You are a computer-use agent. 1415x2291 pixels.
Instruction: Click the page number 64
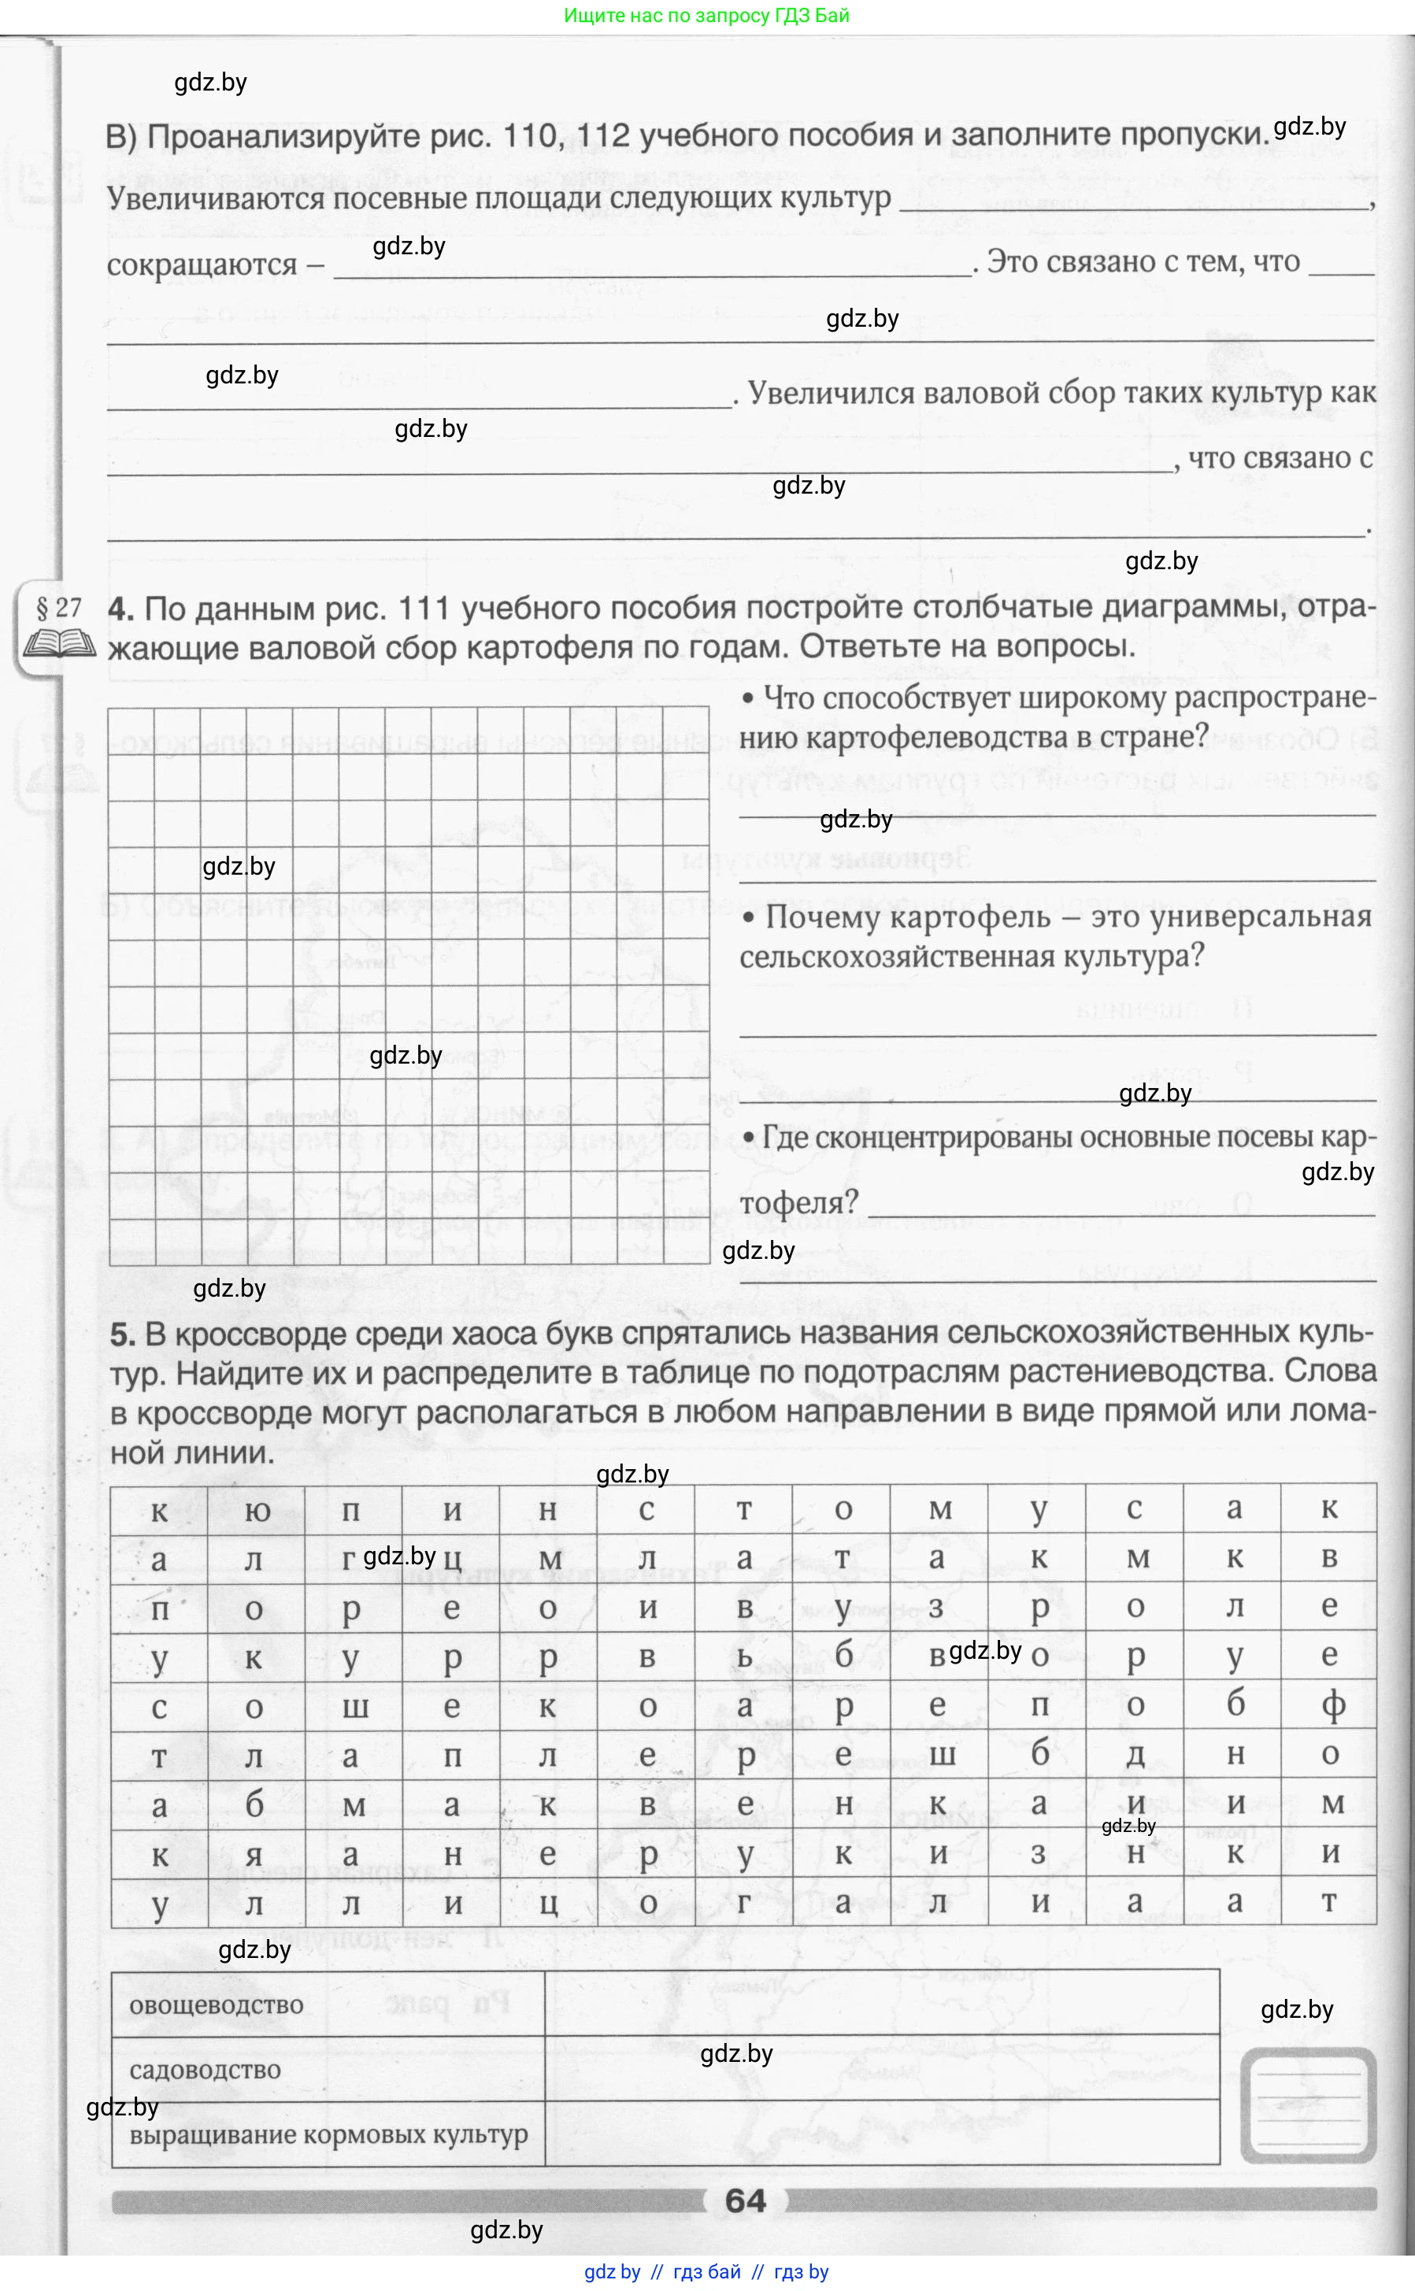[745, 2200]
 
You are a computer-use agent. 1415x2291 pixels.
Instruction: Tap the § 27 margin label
[59, 609]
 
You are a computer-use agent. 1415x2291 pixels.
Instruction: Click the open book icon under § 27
[59, 645]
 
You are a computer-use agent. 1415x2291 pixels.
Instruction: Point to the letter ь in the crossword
[745, 1656]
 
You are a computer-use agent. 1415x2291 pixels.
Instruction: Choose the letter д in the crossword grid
[1135, 1755]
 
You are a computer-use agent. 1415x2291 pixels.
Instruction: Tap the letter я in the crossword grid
[254, 1854]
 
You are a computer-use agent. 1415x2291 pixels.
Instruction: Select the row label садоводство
[205, 2069]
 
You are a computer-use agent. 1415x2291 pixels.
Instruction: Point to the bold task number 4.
[120, 609]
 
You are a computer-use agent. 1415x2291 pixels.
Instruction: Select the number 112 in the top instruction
[604, 136]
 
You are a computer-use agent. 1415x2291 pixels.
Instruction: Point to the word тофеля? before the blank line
[798, 1203]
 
